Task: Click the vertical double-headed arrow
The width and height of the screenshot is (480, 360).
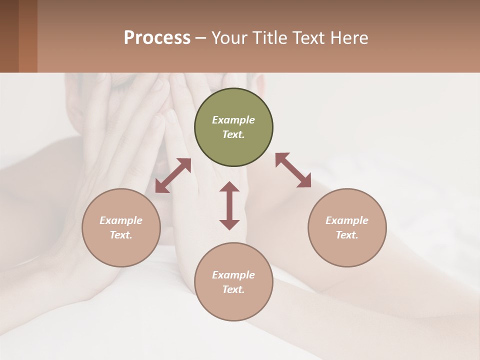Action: pos(229,205)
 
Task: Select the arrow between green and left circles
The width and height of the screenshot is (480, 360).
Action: pos(173,175)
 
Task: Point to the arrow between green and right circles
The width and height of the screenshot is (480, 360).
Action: pos(293,170)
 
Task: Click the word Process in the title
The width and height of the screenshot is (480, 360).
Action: pos(157,37)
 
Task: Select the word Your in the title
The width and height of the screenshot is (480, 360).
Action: pos(230,37)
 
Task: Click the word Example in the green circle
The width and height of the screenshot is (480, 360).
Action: pos(233,120)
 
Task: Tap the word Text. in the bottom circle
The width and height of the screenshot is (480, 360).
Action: pos(233,289)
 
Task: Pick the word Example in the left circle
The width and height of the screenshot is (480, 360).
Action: pos(121,220)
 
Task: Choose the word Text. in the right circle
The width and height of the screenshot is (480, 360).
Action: pos(347,235)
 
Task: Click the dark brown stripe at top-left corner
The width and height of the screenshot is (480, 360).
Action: pos(9,36)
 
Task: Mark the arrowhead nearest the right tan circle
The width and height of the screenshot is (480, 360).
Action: pos(304,181)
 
